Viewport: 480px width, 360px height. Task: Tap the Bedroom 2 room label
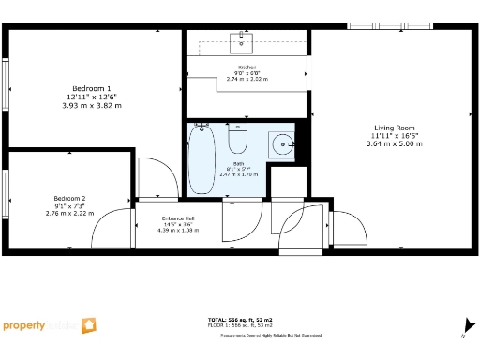coord(69,199)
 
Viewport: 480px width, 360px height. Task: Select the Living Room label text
coord(396,127)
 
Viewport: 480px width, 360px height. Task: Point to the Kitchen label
coord(247,67)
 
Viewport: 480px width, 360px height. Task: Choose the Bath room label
coord(238,163)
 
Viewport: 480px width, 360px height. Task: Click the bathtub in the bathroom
coord(201,161)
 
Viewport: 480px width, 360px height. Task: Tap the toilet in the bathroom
coord(237,141)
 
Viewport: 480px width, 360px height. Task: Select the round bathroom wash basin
coord(282,144)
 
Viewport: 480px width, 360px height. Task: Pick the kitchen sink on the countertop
coord(243,40)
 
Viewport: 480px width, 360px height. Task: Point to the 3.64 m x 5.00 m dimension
coord(395,143)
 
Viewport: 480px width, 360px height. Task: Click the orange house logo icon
coord(88,325)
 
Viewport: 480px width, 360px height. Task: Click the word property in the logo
coord(24,326)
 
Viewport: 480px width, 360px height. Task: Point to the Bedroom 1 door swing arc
coord(156,174)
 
